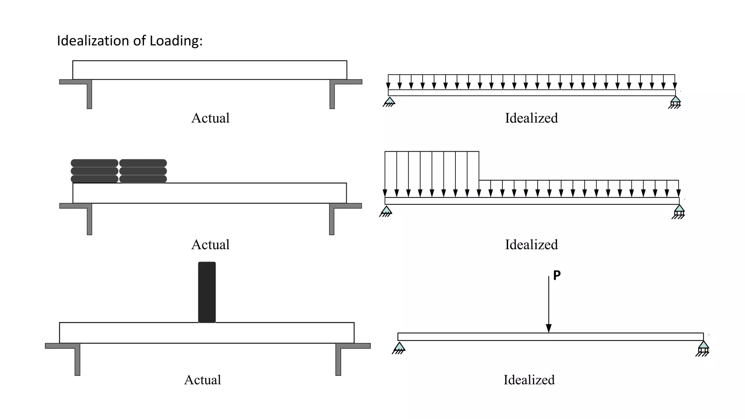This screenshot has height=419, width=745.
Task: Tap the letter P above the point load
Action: click(557, 275)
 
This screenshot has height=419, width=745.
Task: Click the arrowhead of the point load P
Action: click(549, 328)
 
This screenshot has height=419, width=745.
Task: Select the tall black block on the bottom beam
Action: click(207, 292)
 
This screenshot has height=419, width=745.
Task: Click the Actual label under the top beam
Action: click(210, 118)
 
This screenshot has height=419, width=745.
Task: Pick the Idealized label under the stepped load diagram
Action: click(531, 245)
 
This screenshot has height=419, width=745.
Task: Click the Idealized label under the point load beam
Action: click(529, 380)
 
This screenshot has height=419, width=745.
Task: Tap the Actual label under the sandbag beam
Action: click(210, 245)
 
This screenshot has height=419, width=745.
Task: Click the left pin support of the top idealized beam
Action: click(389, 101)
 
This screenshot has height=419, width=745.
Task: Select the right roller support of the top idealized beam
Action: click(675, 102)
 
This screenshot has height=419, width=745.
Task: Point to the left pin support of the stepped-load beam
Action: click(386, 211)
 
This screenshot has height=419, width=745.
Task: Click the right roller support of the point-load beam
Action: click(703, 348)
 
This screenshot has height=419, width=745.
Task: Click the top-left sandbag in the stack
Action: click(94, 163)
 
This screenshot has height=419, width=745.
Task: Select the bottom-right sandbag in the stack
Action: click(143, 179)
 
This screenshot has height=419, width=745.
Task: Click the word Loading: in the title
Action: click(176, 41)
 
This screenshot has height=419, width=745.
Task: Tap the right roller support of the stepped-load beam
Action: click(679, 211)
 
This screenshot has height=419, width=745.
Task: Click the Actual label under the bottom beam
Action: click(203, 380)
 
